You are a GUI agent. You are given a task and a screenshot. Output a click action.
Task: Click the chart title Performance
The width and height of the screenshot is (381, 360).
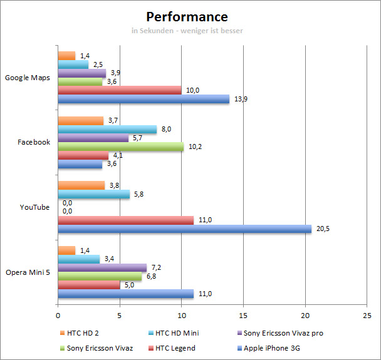(x=187, y=16)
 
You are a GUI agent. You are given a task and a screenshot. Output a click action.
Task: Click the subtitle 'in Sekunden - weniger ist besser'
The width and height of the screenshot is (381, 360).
(x=187, y=30)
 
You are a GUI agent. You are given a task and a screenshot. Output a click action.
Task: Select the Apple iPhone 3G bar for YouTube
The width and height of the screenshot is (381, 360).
(x=184, y=229)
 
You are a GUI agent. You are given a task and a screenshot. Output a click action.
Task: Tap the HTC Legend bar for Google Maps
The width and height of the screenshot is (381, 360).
(x=120, y=90)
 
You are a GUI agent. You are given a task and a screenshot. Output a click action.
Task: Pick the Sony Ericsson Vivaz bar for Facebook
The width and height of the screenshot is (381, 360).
(x=120, y=147)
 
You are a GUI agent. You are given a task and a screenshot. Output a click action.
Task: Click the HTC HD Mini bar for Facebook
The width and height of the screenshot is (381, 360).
(x=107, y=130)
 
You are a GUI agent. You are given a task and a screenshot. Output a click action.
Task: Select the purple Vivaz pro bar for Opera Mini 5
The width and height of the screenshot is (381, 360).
(x=102, y=267)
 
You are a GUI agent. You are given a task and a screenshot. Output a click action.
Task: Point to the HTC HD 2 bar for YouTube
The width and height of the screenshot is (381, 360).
(x=81, y=185)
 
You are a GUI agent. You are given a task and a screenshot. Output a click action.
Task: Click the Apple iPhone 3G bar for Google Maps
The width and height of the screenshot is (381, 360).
(x=144, y=99)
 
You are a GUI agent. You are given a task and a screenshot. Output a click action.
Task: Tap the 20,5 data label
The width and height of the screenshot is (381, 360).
(x=323, y=229)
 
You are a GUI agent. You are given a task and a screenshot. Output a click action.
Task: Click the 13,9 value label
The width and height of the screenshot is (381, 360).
(x=241, y=99)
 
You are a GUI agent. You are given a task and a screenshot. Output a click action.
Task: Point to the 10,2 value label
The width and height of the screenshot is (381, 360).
(x=196, y=147)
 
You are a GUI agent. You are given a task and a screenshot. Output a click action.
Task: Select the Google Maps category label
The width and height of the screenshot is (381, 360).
(x=28, y=78)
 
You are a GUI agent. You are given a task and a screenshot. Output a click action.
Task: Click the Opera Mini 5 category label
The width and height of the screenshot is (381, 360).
(x=29, y=272)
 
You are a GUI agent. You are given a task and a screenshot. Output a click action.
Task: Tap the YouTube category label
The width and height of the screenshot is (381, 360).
(x=34, y=207)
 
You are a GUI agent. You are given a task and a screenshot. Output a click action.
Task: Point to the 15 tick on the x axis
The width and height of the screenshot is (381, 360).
(x=244, y=315)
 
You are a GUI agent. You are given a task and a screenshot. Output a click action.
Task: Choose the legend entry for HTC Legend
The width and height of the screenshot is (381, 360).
(x=171, y=347)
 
